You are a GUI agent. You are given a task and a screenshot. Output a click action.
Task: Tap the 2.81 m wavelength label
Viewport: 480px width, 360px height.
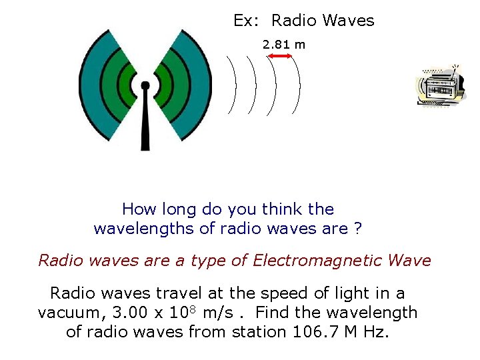(283, 45)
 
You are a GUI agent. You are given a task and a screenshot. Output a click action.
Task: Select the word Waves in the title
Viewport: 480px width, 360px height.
(348, 21)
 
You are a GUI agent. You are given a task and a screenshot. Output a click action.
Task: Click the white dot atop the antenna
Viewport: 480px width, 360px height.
(145, 85)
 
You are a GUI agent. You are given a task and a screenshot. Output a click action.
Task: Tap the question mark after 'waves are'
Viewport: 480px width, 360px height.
(358, 229)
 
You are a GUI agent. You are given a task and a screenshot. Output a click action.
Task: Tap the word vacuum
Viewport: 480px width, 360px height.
(64, 312)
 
